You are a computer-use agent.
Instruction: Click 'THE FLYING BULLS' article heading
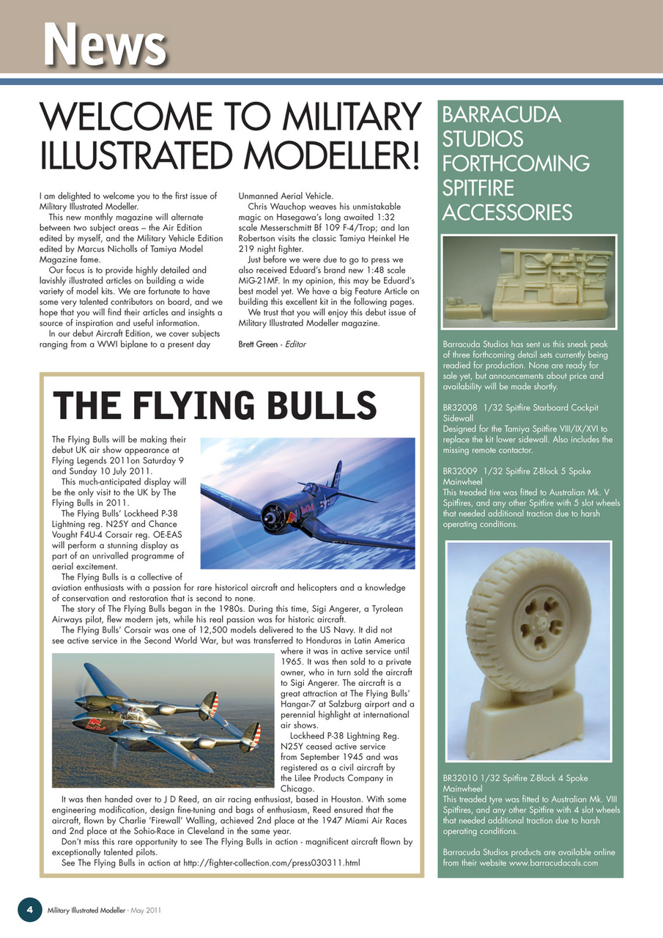pyautogui.click(x=215, y=405)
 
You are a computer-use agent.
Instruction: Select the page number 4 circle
pyautogui.click(x=29, y=909)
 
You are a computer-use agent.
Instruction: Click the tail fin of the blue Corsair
pyautogui.click(x=336, y=475)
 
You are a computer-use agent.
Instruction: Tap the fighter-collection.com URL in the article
pyautogui.click(x=271, y=863)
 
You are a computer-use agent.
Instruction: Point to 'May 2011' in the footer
pyautogui.click(x=145, y=910)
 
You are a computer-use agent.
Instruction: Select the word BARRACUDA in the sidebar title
pyautogui.click(x=502, y=116)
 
